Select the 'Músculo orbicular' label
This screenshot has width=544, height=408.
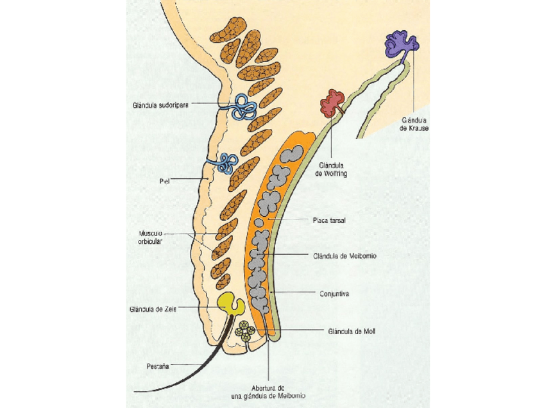click(x=152, y=237)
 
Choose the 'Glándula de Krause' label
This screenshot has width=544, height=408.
click(x=414, y=123)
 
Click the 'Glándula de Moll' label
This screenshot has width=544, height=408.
click(x=347, y=331)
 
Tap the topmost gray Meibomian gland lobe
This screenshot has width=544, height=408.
click(x=293, y=154)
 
